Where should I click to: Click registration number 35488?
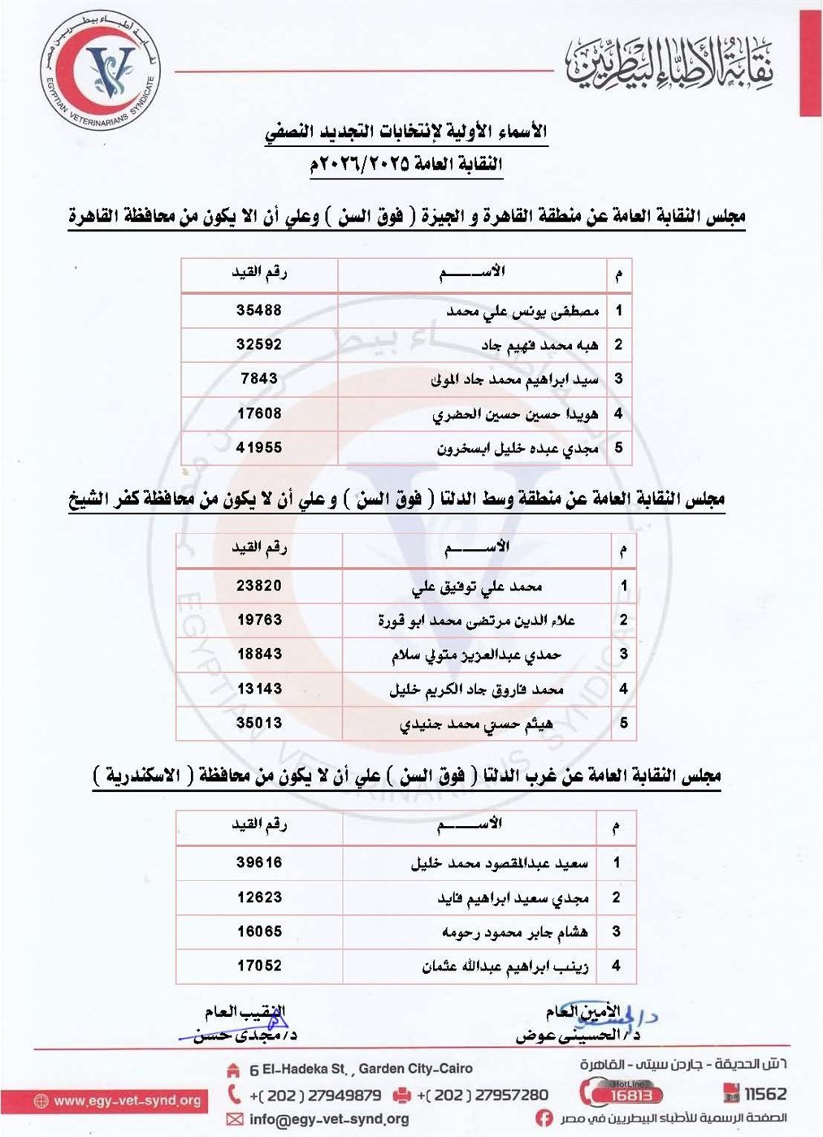(x=259, y=310)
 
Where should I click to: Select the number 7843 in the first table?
(x=259, y=378)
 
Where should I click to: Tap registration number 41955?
(x=259, y=447)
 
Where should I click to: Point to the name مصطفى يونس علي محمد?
(x=522, y=311)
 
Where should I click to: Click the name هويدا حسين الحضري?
(x=515, y=414)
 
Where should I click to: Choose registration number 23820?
(x=259, y=586)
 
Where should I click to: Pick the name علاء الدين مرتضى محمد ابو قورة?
(x=476, y=620)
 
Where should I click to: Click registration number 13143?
(x=259, y=689)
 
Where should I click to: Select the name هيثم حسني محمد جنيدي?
(x=476, y=724)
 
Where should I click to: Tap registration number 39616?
(x=259, y=862)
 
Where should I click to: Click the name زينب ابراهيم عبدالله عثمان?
(x=505, y=966)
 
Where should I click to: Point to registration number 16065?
(x=259, y=932)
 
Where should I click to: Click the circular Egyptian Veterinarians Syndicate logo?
(x=101, y=71)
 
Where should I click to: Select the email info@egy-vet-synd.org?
(x=328, y=1119)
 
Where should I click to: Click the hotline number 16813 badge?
(x=631, y=1094)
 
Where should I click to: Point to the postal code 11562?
(x=765, y=1094)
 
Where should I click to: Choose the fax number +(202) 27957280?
(x=482, y=1095)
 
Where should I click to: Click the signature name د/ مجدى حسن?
(x=245, y=1036)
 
